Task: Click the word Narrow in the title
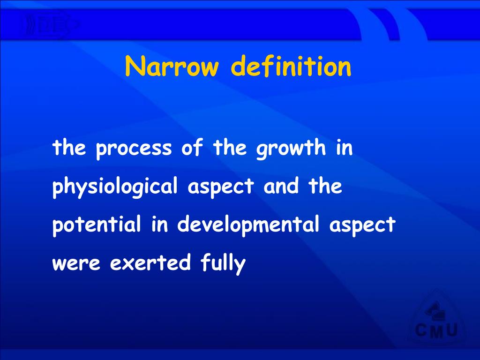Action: (172, 67)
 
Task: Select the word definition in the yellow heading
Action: (291, 67)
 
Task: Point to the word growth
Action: (291, 149)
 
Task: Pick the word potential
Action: (97, 225)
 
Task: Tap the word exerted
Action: (150, 262)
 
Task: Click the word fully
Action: (223, 263)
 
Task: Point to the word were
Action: (75, 263)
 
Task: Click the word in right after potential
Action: (159, 225)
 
